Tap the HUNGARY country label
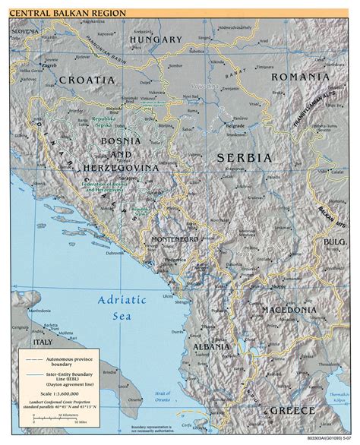(156, 39)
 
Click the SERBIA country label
(244, 157)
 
